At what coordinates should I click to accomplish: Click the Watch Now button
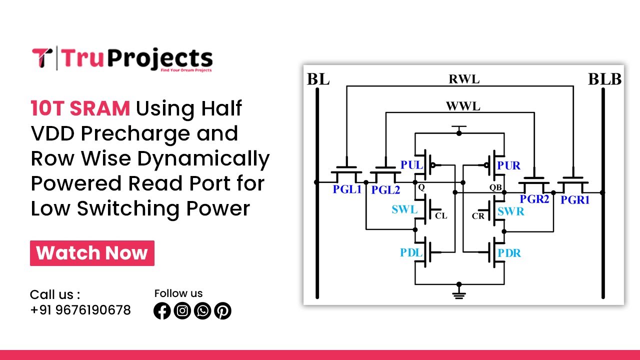[92, 253]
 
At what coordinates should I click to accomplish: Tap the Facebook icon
[162, 311]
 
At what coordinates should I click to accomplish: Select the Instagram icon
[182, 311]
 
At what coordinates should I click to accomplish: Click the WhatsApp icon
[202, 311]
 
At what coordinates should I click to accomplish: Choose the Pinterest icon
[222, 311]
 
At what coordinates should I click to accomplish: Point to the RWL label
[464, 79]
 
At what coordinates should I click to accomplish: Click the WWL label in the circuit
[462, 106]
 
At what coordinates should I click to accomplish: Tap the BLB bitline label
[604, 79]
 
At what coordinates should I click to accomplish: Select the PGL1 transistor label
[347, 190]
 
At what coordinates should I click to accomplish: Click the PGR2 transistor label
[534, 199]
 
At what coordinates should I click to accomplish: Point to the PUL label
[411, 165]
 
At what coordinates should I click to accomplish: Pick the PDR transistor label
[509, 253]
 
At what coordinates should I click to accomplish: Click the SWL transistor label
[404, 210]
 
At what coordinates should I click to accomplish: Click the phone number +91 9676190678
[80, 310]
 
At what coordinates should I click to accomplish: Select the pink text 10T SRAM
[80, 108]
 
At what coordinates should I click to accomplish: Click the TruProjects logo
[122, 58]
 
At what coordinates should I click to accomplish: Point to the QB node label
[495, 187]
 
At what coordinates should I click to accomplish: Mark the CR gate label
[478, 216]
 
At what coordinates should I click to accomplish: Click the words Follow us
[178, 293]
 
